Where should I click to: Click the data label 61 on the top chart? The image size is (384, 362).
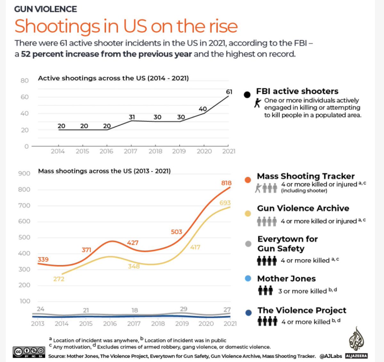[229, 92]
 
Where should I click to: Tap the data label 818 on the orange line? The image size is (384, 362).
[226, 183]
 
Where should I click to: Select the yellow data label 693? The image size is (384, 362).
[225, 203]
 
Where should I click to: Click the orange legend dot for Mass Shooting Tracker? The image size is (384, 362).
[248, 180]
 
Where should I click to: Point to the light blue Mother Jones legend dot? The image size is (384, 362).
[248, 278]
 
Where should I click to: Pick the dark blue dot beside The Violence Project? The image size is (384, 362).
[248, 313]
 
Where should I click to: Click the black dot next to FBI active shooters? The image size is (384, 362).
[247, 95]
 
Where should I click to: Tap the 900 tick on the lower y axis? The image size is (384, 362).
[24, 173]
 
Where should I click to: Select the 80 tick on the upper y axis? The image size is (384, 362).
[25, 81]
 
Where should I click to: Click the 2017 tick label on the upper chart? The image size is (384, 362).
[130, 151]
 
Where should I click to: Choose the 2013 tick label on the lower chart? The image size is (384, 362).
[37, 324]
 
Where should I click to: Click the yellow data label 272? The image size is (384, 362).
[59, 279]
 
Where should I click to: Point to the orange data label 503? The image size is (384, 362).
[176, 232]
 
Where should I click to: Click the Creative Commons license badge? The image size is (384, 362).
[29, 351]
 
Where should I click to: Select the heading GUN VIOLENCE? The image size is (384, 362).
[45, 9]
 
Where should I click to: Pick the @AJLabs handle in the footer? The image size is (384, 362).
[331, 356]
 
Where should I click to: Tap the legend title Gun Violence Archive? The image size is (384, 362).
[303, 208]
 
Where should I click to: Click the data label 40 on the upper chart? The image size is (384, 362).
[203, 109]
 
